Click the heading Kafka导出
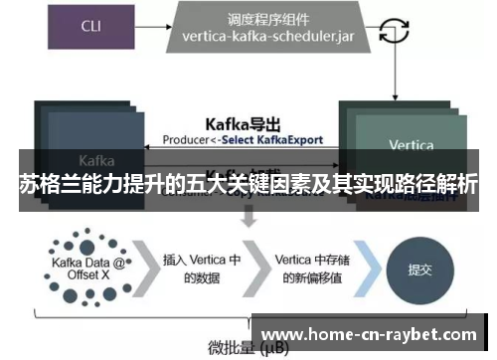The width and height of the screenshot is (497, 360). pos(242,123)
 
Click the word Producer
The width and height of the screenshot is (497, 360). pos(186,140)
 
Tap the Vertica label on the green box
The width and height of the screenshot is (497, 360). pos(411,145)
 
